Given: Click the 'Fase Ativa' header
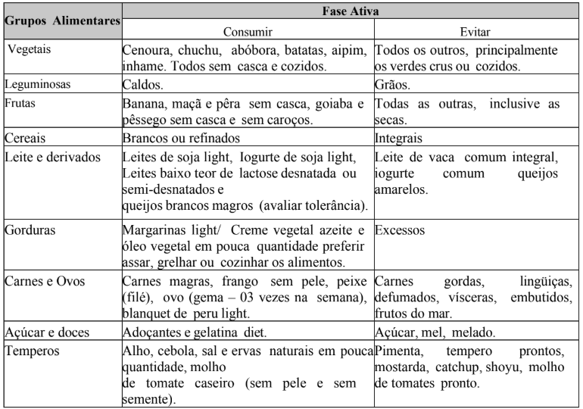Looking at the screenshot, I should [x=350, y=12].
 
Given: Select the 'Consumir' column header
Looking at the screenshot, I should [x=248, y=33].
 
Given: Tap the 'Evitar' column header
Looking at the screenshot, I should [x=475, y=33].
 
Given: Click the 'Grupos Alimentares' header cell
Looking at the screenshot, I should [x=63, y=23].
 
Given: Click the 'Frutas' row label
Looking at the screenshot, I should [x=22, y=103].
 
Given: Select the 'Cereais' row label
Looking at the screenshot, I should [x=24, y=139].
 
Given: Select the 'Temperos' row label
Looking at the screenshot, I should [x=30, y=351].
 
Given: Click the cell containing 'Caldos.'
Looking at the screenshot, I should [x=142, y=85].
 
